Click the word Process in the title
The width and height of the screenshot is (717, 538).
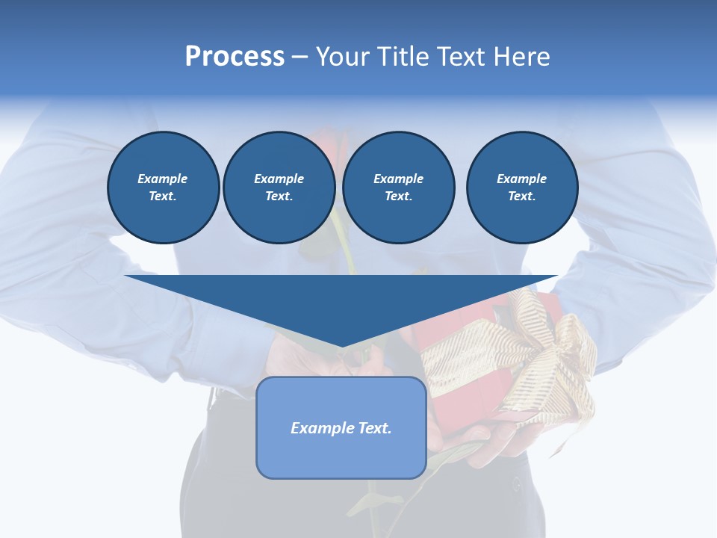235,57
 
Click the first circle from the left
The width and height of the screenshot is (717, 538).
164,188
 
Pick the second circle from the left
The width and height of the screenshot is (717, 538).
279,188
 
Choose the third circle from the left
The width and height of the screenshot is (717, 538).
398,188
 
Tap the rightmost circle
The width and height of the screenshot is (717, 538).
522,188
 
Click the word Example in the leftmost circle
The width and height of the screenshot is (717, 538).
163,179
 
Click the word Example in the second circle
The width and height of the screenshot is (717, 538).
279,179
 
